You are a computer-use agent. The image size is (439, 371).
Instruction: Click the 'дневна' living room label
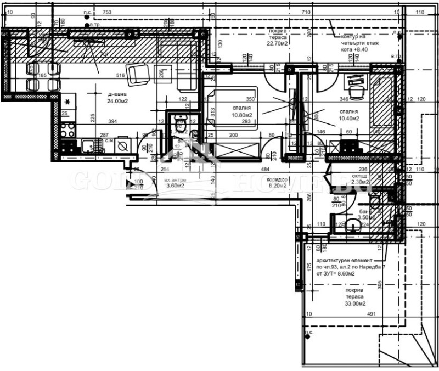click(117, 94)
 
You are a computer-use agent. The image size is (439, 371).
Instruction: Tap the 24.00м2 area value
click(117, 101)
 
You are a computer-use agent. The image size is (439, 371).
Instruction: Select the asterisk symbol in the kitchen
click(67, 102)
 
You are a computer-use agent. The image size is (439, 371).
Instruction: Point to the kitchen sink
click(88, 146)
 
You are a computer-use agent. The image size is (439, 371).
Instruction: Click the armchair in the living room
click(137, 74)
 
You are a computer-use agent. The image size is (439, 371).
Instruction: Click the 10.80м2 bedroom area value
click(241, 115)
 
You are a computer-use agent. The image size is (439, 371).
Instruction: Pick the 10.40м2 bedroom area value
click(348, 118)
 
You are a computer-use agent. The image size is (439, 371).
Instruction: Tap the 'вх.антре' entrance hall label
click(176, 179)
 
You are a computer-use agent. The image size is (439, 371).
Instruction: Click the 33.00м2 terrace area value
click(355, 303)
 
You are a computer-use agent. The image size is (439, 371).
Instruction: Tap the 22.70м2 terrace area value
click(278, 44)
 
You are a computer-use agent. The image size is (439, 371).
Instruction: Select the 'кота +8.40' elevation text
click(354, 49)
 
